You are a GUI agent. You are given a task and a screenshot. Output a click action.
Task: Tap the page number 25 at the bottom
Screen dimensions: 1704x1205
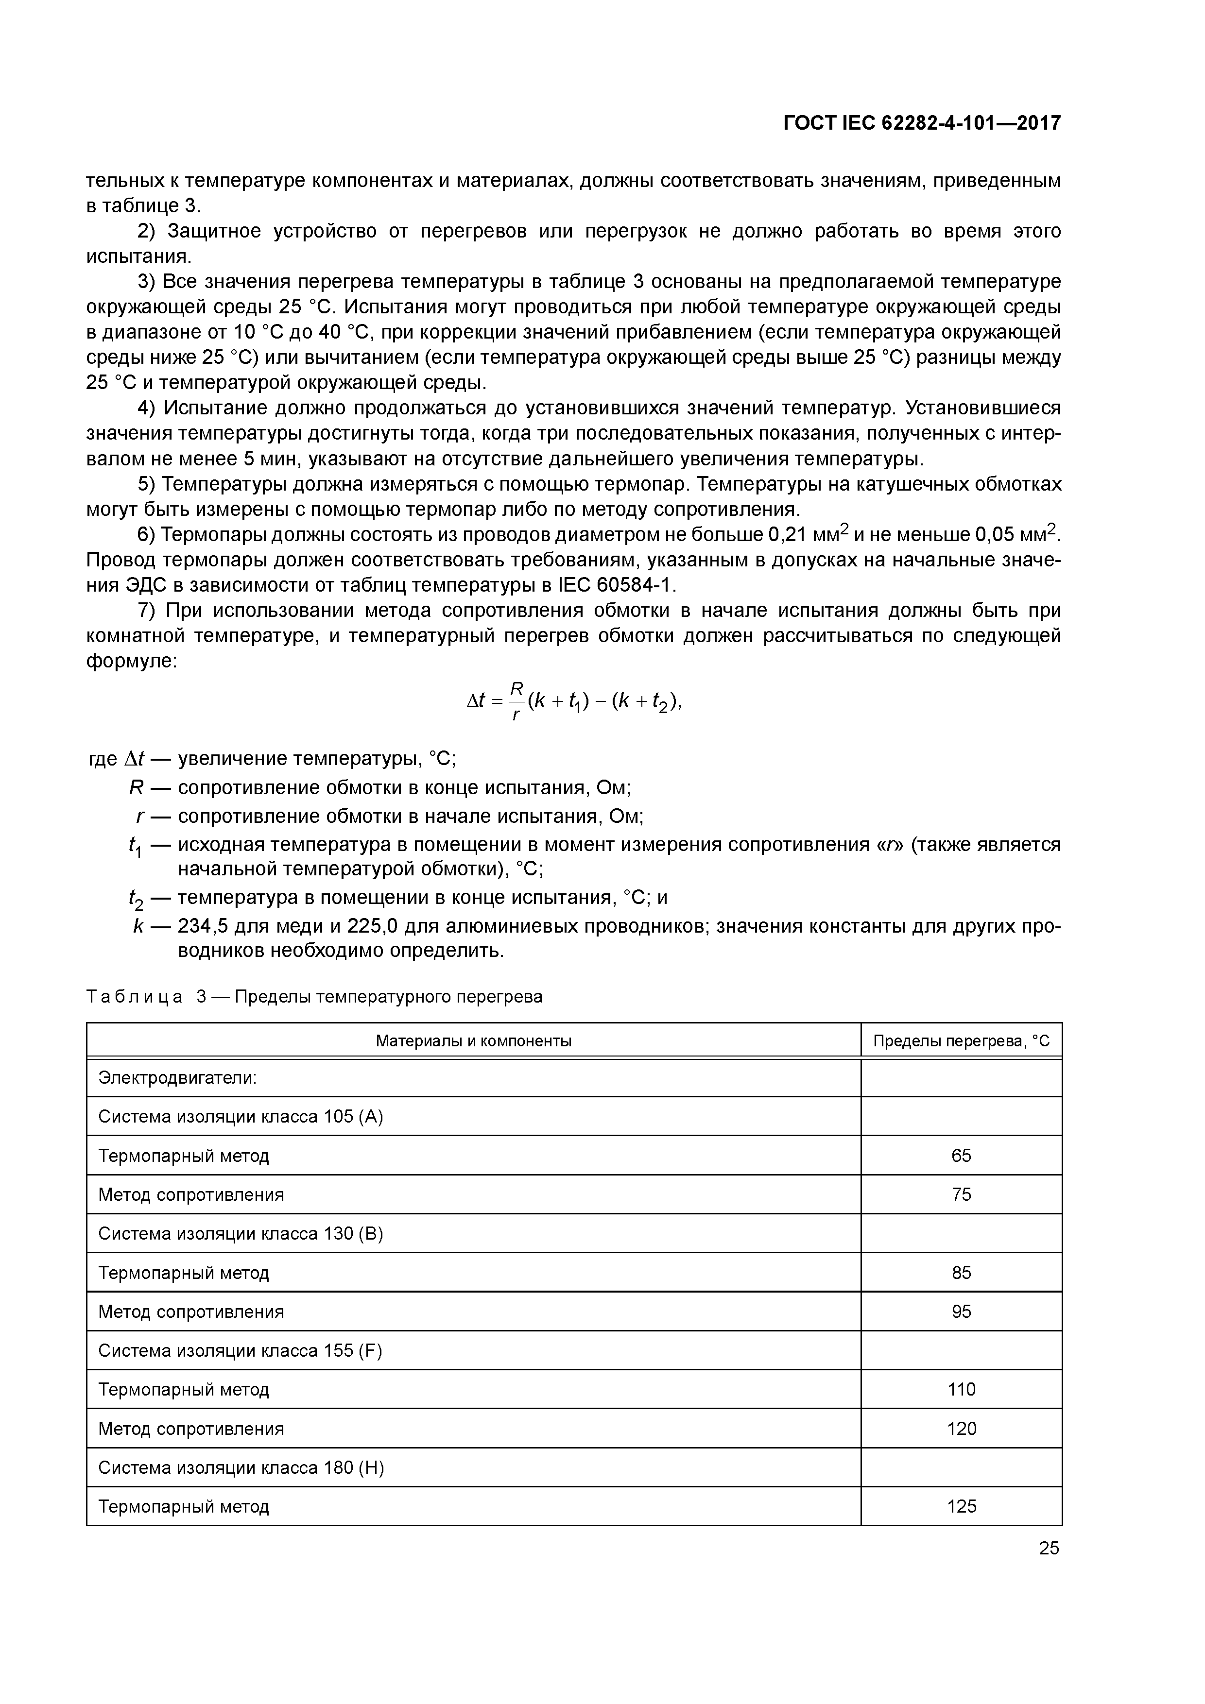tap(1049, 1548)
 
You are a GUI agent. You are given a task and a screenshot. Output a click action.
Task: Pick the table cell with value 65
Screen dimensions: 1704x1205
tap(961, 1156)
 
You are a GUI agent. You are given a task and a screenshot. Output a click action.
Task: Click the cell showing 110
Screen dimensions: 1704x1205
tap(961, 1389)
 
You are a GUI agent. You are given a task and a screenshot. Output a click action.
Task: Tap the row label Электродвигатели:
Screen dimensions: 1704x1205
tap(177, 1077)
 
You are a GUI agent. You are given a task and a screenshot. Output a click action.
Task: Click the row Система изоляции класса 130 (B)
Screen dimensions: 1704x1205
tap(241, 1233)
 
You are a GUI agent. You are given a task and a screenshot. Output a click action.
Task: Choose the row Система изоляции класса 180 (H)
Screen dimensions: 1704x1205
tap(241, 1467)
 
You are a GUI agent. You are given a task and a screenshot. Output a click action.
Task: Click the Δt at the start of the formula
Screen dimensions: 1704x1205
tap(475, 700)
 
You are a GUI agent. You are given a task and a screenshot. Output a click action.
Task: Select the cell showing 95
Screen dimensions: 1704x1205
tap(961, 1312)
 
